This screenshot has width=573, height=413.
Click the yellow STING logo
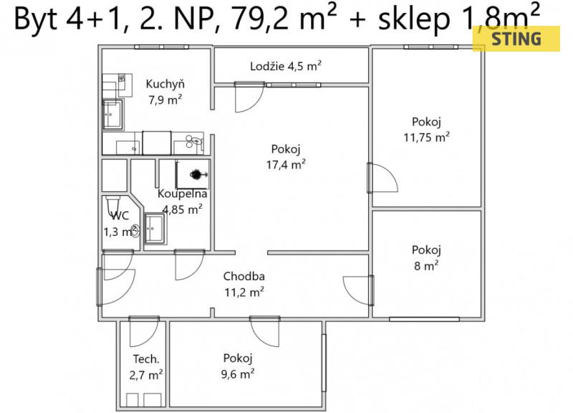(x=516, y=39)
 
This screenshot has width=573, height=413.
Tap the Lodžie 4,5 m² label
(x=286, y=66)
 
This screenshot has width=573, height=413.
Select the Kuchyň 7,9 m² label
(x=165, y=92)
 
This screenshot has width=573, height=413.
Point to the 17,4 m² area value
(x=286, y=165)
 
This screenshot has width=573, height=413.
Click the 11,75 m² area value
(x=426, y=137)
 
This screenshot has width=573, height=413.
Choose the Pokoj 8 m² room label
(x=426, y=257)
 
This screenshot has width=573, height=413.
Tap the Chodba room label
(x=244, y=276)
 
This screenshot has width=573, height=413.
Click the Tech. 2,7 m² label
(x=146, y=367)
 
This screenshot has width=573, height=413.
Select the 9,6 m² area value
(x=238, y=374)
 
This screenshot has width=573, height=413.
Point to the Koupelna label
(x=183, y=194)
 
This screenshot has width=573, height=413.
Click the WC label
(x=120, y=215)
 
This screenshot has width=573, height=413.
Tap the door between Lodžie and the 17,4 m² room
(x=249, y=98)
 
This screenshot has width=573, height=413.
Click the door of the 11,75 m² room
(x=382, y=178)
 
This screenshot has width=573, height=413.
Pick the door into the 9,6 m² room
(x=265, y=331)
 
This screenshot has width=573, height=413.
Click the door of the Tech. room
(x=145, y=331)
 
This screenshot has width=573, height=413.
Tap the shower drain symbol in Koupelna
(x=196, y=174)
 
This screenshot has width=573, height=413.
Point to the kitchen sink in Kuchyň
(x=112, y=115)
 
